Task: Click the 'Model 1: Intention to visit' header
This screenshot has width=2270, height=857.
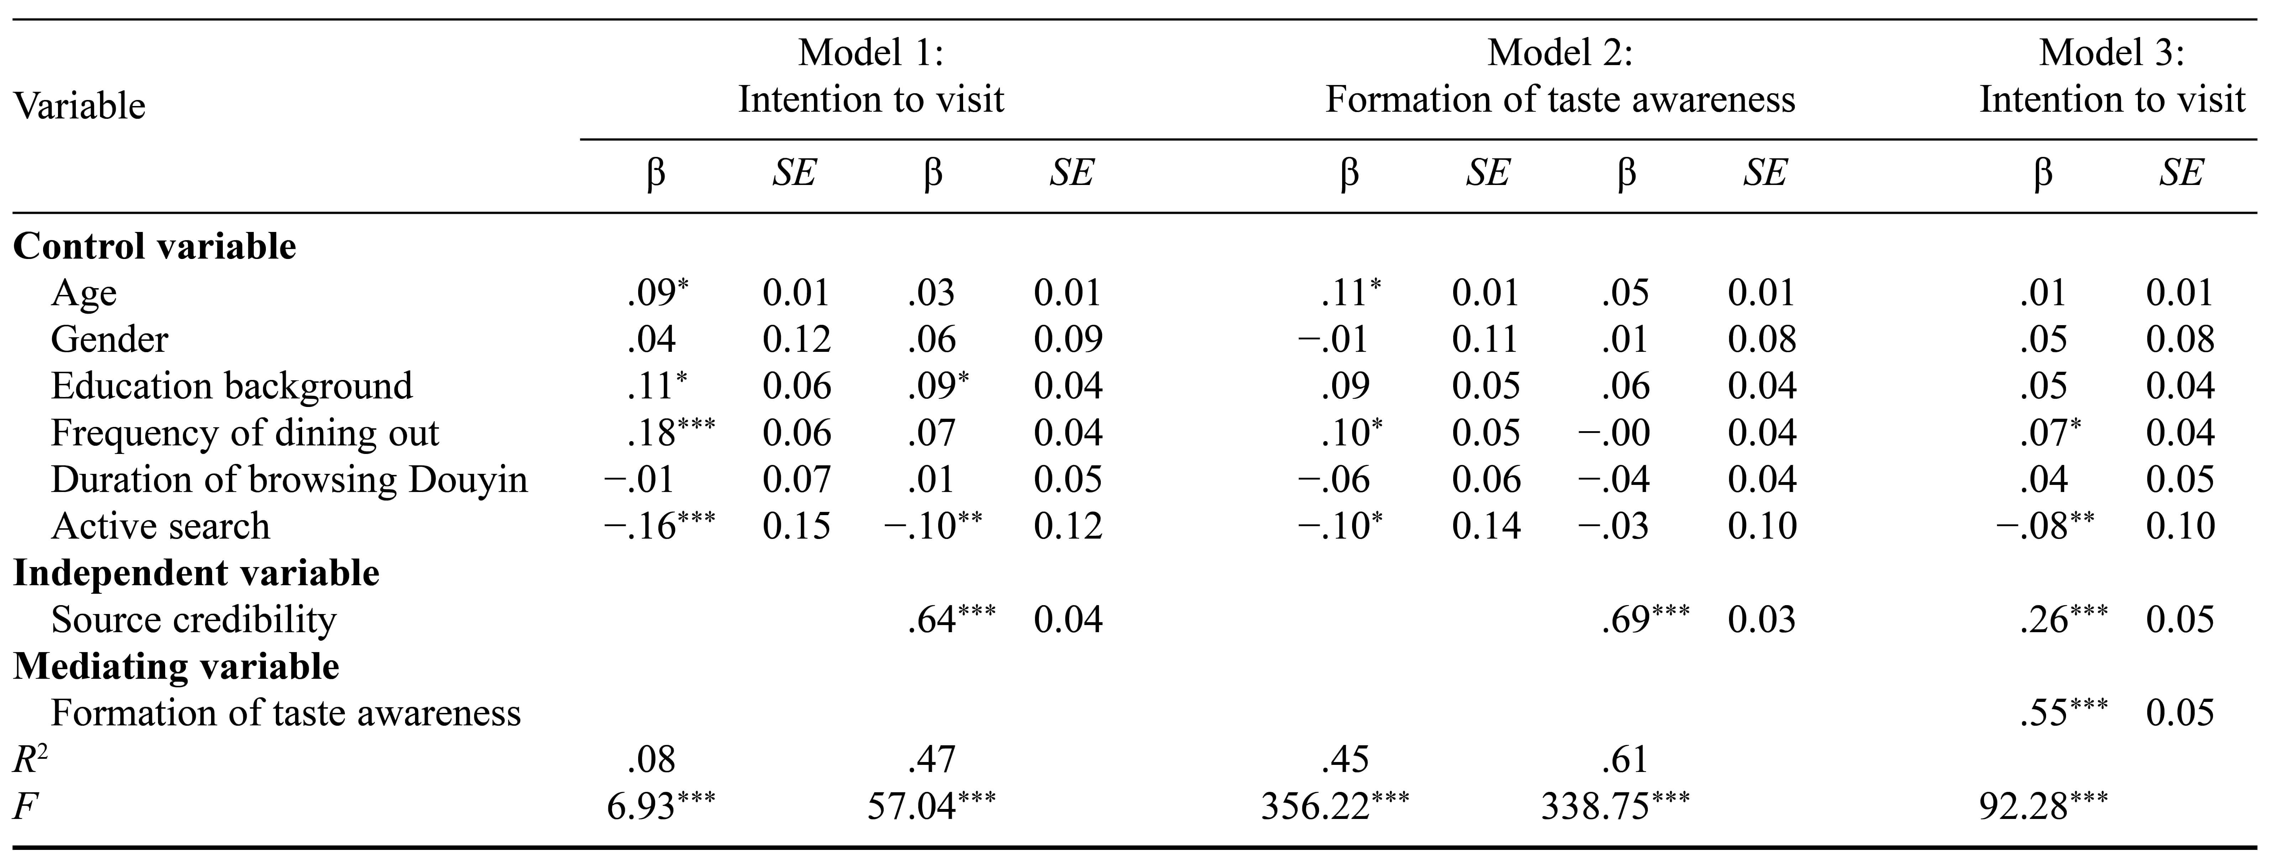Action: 871,76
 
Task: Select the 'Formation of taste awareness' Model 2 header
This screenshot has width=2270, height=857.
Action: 1560,76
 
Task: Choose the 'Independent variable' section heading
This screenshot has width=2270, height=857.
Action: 196,572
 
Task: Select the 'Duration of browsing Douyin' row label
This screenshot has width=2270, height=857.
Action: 289,479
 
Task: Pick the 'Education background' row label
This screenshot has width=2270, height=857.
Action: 231,386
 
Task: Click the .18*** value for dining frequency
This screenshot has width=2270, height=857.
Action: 670,433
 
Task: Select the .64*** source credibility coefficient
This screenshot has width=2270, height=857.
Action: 950,619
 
